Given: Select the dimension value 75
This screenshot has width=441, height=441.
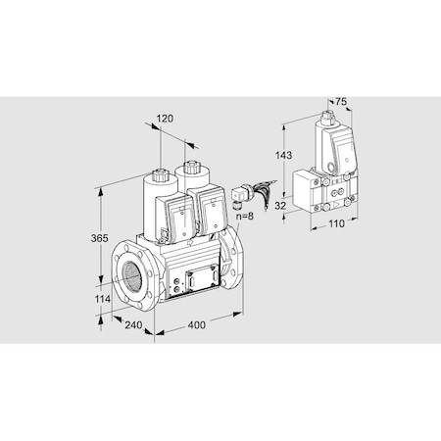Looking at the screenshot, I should coord(340,101).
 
